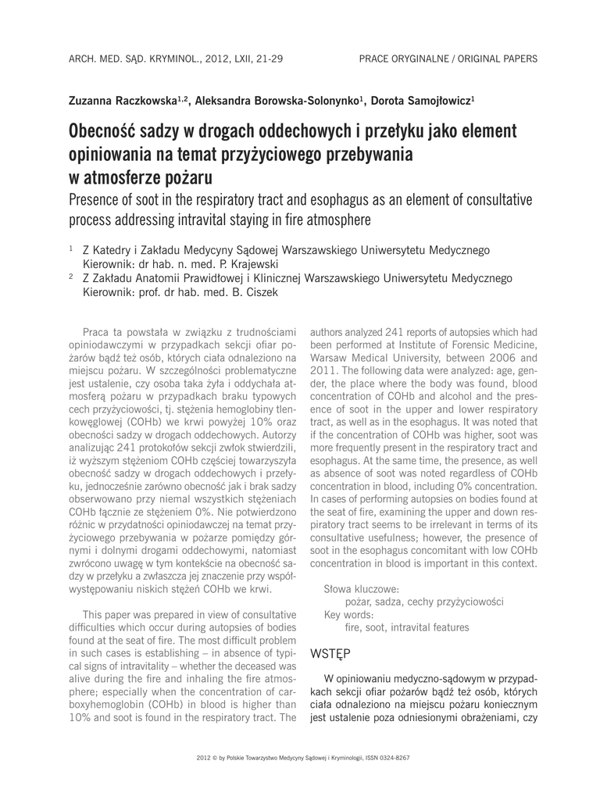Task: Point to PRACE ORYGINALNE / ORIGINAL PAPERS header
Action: coord(448,59)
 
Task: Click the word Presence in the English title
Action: coord(101,199)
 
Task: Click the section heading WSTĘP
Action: coord(330,653)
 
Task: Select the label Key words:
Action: coord(348,614)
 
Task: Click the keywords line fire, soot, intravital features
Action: coord(407,627)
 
